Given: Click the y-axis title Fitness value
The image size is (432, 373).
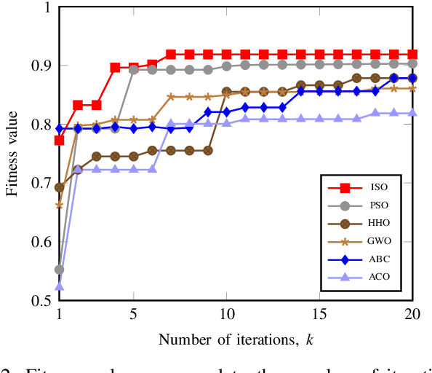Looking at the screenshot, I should pos(12,154).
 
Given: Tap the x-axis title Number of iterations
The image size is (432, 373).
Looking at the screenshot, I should pos(236,339).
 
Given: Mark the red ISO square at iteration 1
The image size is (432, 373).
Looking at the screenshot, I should pos(59,140).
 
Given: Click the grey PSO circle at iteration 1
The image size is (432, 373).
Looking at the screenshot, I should pos(59,270).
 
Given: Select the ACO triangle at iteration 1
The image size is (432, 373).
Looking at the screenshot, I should pos(59,286).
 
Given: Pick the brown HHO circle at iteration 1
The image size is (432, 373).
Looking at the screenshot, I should pos(59,187).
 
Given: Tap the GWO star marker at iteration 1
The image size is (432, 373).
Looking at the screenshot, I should pos(59,205).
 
